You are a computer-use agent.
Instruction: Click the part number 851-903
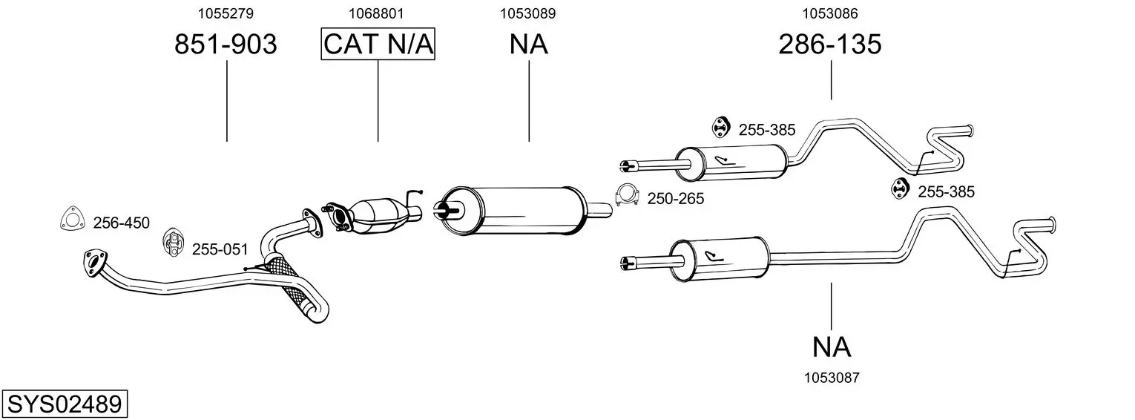tap(226, 44)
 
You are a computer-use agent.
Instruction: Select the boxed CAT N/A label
tap(378, 44)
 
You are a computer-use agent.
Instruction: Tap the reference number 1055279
tap(226, 13)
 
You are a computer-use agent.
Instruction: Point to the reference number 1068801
tap(376, 13)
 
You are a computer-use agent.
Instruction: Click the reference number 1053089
tap(528, 13)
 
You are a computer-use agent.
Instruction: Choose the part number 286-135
tap(830, 44)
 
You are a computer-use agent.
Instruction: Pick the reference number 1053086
tap(830, 13)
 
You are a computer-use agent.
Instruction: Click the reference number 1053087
tap(832, 378)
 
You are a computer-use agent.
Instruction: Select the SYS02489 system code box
tap(65, 404)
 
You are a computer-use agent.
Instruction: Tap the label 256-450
tap(121, 223)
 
